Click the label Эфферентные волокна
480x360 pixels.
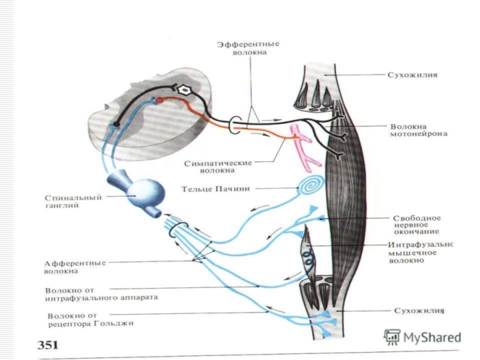point(248,48)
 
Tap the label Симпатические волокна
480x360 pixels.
point(218,167)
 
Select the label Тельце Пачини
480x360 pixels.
point(215,189)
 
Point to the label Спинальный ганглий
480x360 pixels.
point(73,202)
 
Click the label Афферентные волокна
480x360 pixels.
point(75,267)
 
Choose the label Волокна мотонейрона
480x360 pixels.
point(418,130)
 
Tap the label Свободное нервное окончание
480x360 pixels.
point(416,225)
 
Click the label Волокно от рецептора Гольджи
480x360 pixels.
point(91,320)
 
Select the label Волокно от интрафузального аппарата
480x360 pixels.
point(101,294)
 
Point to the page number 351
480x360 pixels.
point(48,345)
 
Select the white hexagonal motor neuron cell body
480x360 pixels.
point(184,90)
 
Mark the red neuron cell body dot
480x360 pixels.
point(159,100)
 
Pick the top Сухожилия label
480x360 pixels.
point(412,75)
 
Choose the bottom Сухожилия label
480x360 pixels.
point(419,311)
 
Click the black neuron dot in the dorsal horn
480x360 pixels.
point(116,124)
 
